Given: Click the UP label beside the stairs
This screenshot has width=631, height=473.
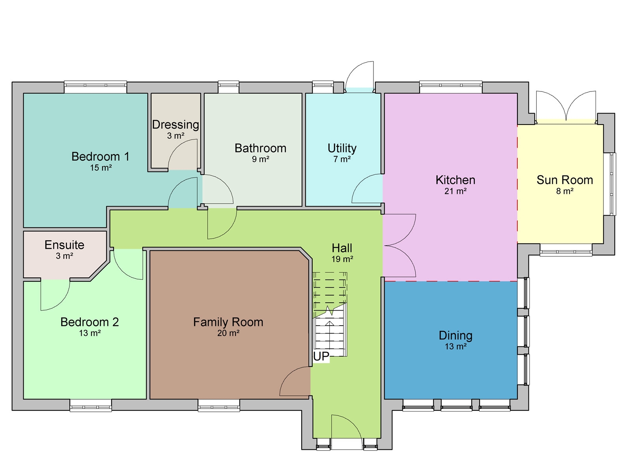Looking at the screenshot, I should [x=321, y=356].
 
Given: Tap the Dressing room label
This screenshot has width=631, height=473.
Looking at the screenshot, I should [x=175, y=125].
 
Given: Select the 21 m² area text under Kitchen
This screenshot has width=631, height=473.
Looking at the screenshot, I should [x=456, y=191].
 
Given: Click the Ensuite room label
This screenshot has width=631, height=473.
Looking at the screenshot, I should [x=64, y=245].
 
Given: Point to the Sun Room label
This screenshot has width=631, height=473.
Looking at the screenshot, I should [x=564, y=180].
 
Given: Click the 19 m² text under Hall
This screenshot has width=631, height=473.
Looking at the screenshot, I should [x=342, y=259].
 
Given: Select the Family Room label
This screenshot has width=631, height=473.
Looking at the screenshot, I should [x=228, y=322].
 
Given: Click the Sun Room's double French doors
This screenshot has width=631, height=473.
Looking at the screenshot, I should [x=566, y=106].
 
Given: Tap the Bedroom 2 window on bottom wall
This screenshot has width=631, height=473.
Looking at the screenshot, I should [x=91, y=406].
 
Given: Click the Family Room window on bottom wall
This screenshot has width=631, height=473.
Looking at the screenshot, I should [x=219, y=406].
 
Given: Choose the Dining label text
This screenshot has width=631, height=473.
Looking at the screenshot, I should [x=456, y=335].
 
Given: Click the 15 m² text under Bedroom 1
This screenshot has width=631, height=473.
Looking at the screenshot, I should [x=101, y=168].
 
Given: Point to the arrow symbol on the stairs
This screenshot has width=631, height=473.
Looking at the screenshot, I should [x=330, y=324].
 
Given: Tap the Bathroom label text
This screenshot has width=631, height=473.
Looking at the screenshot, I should [x=260, y=148].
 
